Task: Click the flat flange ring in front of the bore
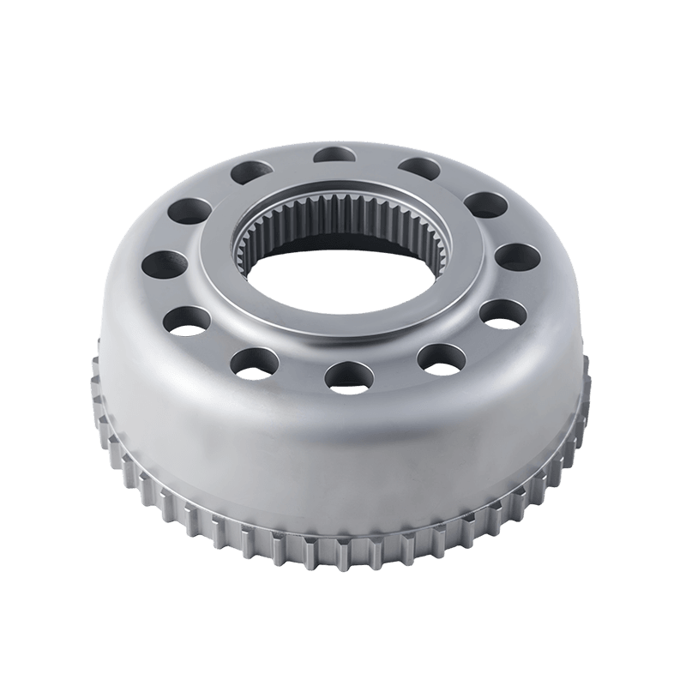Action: point(343,330)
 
